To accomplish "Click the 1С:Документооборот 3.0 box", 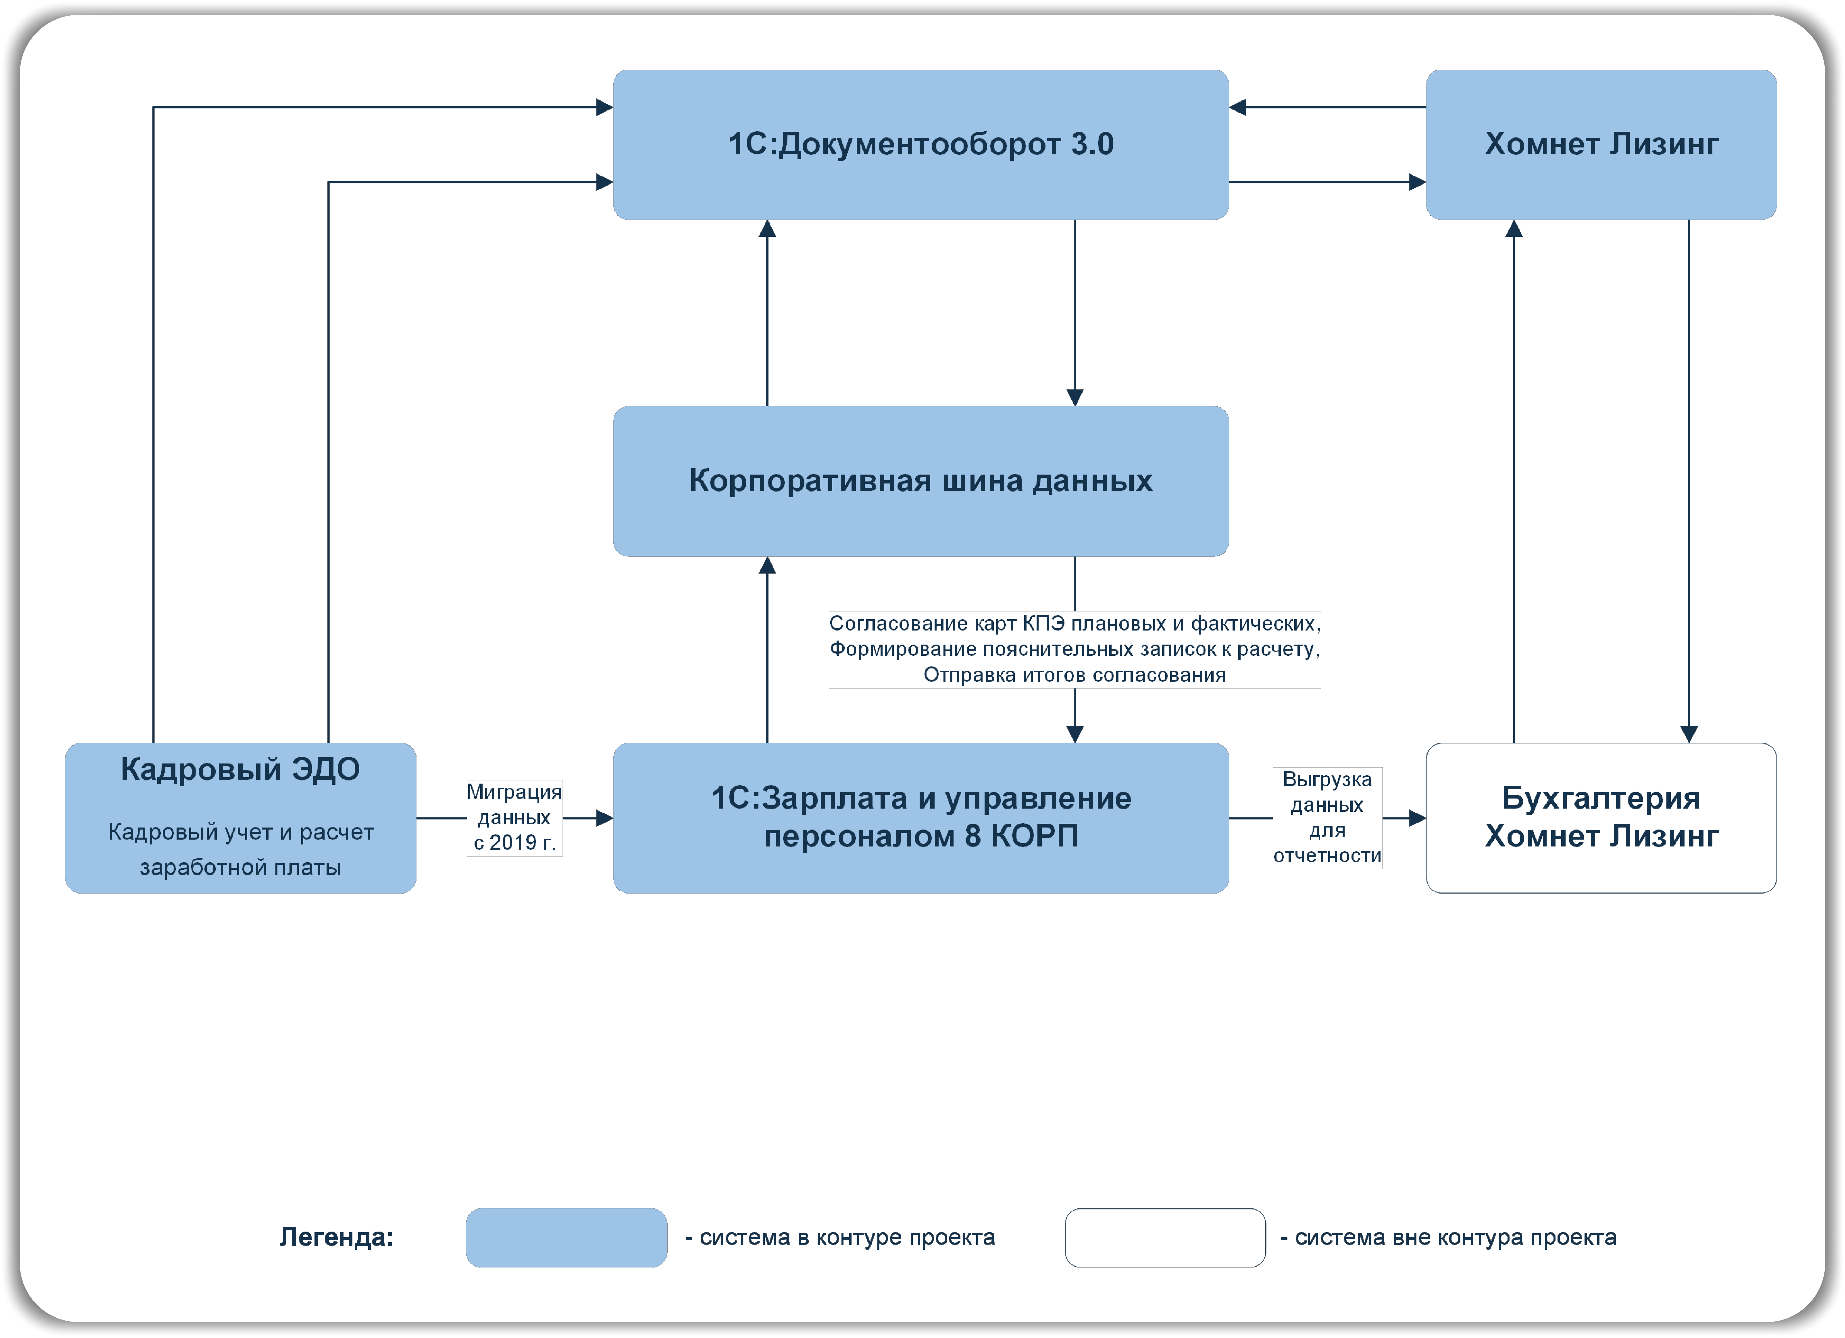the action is [x=921, y=145].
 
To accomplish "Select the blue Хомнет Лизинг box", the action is [x=1601, y=145].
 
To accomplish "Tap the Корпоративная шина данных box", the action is [x=921, y=481].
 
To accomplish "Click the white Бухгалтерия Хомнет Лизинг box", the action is [x=1601, y=818].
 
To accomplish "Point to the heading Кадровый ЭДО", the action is [x=240, y=770].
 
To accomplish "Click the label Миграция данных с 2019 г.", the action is [x=514, y=817].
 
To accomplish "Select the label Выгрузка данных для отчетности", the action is [x=1327, y=817].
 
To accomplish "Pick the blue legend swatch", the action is [x=566, y=1238].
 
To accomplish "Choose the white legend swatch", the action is [x=1165, y=1238].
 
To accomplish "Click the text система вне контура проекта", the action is [x=1455, y=1238].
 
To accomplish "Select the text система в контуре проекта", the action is [x=847, y=1238].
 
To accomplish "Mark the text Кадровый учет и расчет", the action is [x=241, y=832].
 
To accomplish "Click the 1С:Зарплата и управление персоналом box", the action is [x=921, y=818].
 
